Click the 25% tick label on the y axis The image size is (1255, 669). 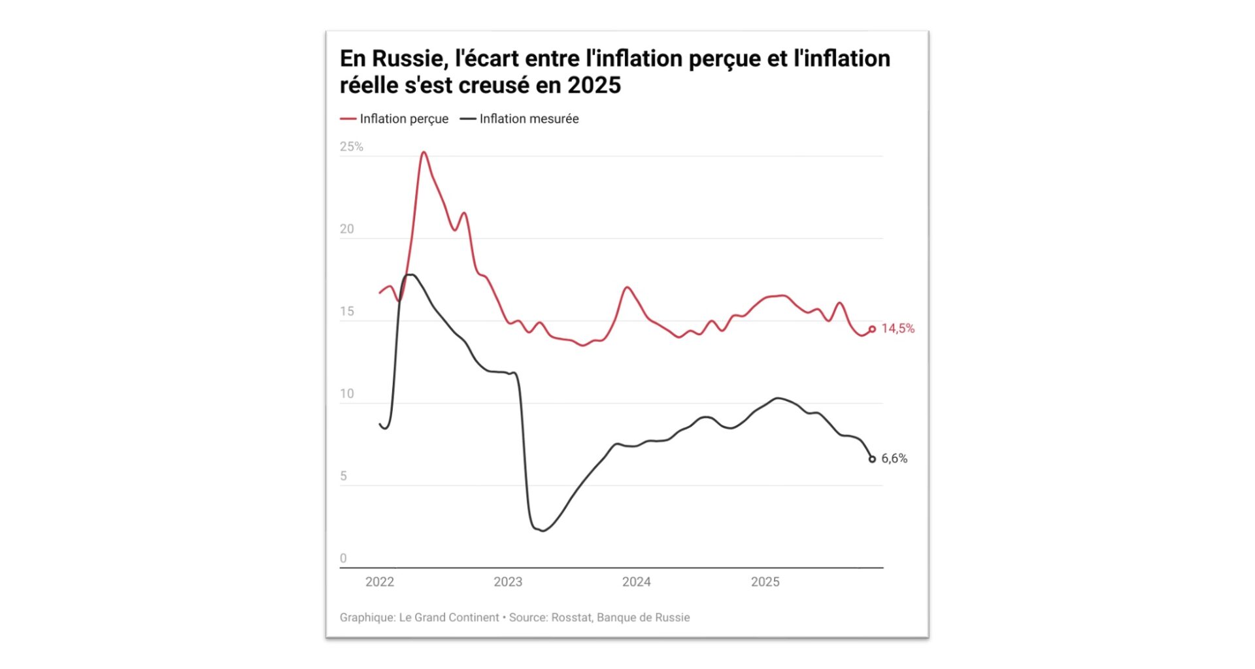[x=351, y=147]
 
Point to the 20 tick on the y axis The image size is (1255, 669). [x=346, y=229]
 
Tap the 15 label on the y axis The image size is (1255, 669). [x=346, y=312]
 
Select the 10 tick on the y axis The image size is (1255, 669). [x=346, y=394]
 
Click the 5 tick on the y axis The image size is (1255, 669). [x=343, y=476]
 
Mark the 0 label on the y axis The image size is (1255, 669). [x=343, y=559]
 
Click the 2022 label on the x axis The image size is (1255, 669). [x=380, y=582]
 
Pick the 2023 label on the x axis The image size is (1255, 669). [x=508, y=582]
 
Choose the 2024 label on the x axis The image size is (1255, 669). [x=637, y=582]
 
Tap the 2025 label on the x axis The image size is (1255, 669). [x=765, y=582]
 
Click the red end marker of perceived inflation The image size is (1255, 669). [x=872, y=329]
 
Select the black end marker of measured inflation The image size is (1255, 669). [x=872, y=459]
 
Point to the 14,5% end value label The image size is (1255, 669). [x=898, y=329]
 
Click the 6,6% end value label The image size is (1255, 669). [x=894, y=459]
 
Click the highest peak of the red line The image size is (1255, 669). [x=424, y=153]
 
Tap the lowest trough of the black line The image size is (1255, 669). [x=543, y=530]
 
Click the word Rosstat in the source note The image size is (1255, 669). [x=571, y=617]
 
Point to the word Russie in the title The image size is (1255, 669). [x=407, y=59]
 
